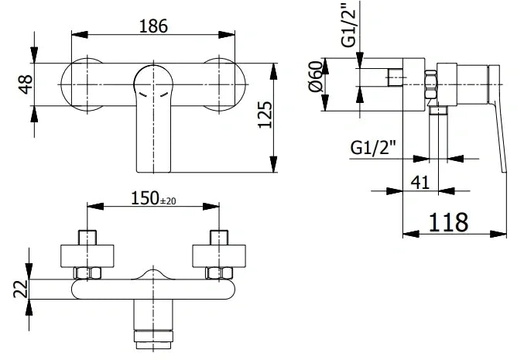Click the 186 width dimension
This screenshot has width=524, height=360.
153,25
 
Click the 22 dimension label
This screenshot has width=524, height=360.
21,289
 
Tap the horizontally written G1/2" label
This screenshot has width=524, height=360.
375,146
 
